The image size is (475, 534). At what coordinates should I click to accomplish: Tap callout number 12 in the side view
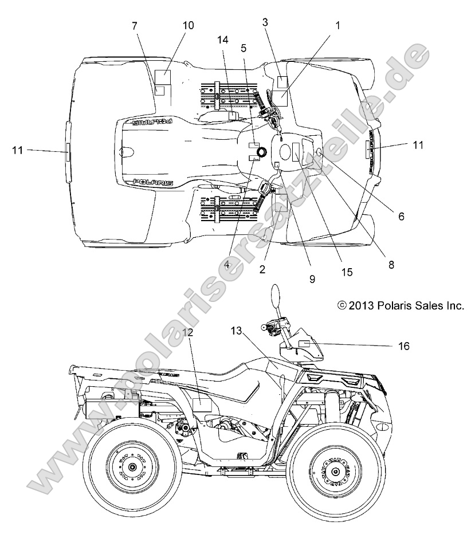pyautogui.click(x=188, y=332)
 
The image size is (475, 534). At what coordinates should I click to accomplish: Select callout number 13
pyautogui.click(x=237, y=331)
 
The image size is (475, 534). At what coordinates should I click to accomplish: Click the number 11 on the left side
pyautogui.click(x=18, y=150)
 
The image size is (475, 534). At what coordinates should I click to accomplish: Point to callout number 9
pyautogui.click(x=312, y=280)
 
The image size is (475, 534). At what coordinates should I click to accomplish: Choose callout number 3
pyautogui.click(x=265, y=22)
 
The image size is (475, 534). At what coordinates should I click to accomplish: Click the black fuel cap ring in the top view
pyautogui.click(x=261, y=152)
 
